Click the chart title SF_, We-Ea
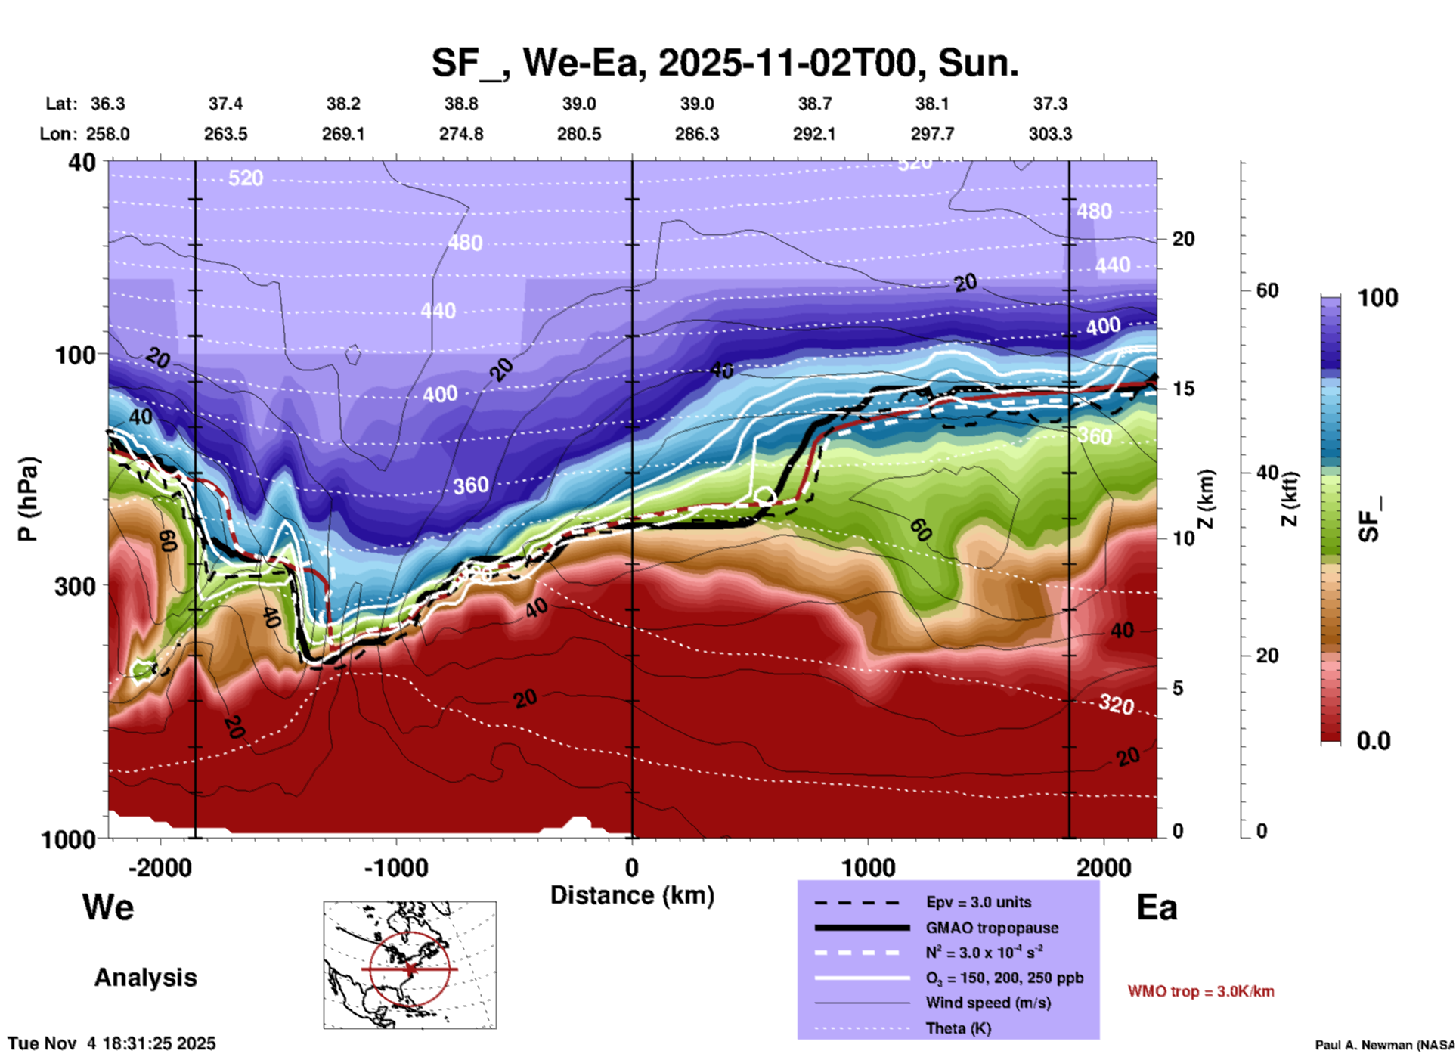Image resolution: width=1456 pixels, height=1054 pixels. (724, 63)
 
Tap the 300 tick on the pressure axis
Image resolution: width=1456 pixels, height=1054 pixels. (76, 586)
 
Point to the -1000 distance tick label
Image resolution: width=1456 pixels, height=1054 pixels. (395, 867)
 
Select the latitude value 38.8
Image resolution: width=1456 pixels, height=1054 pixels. (460, 104)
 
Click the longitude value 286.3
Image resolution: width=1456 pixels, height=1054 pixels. (696, 134)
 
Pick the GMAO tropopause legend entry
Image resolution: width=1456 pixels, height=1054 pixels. (992, 928)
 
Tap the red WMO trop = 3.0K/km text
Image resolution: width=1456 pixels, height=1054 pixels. (1200, 991)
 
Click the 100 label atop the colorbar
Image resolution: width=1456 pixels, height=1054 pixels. (1377, 298)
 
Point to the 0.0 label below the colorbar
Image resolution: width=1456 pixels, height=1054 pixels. (1374, 741)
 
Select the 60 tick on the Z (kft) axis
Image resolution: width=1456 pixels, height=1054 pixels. (1267, 290)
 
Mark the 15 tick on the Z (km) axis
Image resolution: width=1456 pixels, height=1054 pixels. (1183, 389)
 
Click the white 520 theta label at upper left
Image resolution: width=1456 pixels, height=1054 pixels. (246, 178)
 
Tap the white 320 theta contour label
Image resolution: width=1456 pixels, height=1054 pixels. (1116, 705)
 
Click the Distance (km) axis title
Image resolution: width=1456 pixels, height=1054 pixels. (632, 895)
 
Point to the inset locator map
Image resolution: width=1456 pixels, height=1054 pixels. (410, 965)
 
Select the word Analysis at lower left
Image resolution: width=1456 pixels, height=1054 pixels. (145, 978)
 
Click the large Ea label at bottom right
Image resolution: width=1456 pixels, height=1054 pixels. (1157, 907)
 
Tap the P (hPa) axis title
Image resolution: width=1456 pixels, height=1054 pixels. (28, 499)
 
